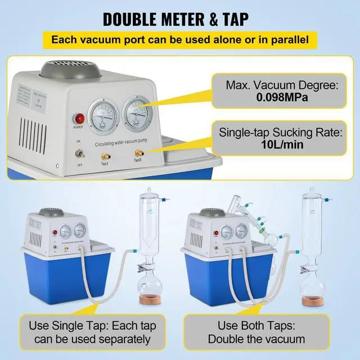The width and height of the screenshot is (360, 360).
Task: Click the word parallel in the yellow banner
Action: pos(291,40)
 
